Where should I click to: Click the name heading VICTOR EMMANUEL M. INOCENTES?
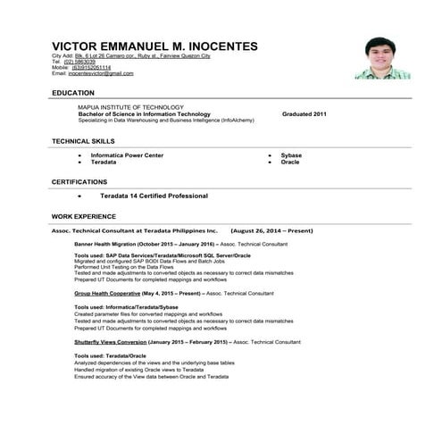pyautogui.click(x=154, y=46)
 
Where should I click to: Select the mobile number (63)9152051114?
pyautogui.click(x=91, y=67)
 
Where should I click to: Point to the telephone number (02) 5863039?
pyautogui.click(x=89, y=62)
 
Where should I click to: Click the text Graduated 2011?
pyautogui.click(x=304, y=114)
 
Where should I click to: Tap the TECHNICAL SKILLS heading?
pyautogui.click(x=83, y=141)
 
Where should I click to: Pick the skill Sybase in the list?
pyautogui.click(x=291, y=155)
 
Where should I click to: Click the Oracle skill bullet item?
pyautogui.click(x=290, y=163)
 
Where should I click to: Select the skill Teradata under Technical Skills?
pyautogui.click(x=104, y=163)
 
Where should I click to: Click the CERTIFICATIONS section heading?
pyautogui.click(x=79, y=181)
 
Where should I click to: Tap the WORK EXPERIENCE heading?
pyautogui.click(x=83, y=216)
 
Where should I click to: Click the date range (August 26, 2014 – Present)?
pyautogui.click(x=271, y=230)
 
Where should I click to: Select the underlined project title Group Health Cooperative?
pyautogui.click(x=107, y=293)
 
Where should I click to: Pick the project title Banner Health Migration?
pyautogui.click(x=112, y=244)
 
